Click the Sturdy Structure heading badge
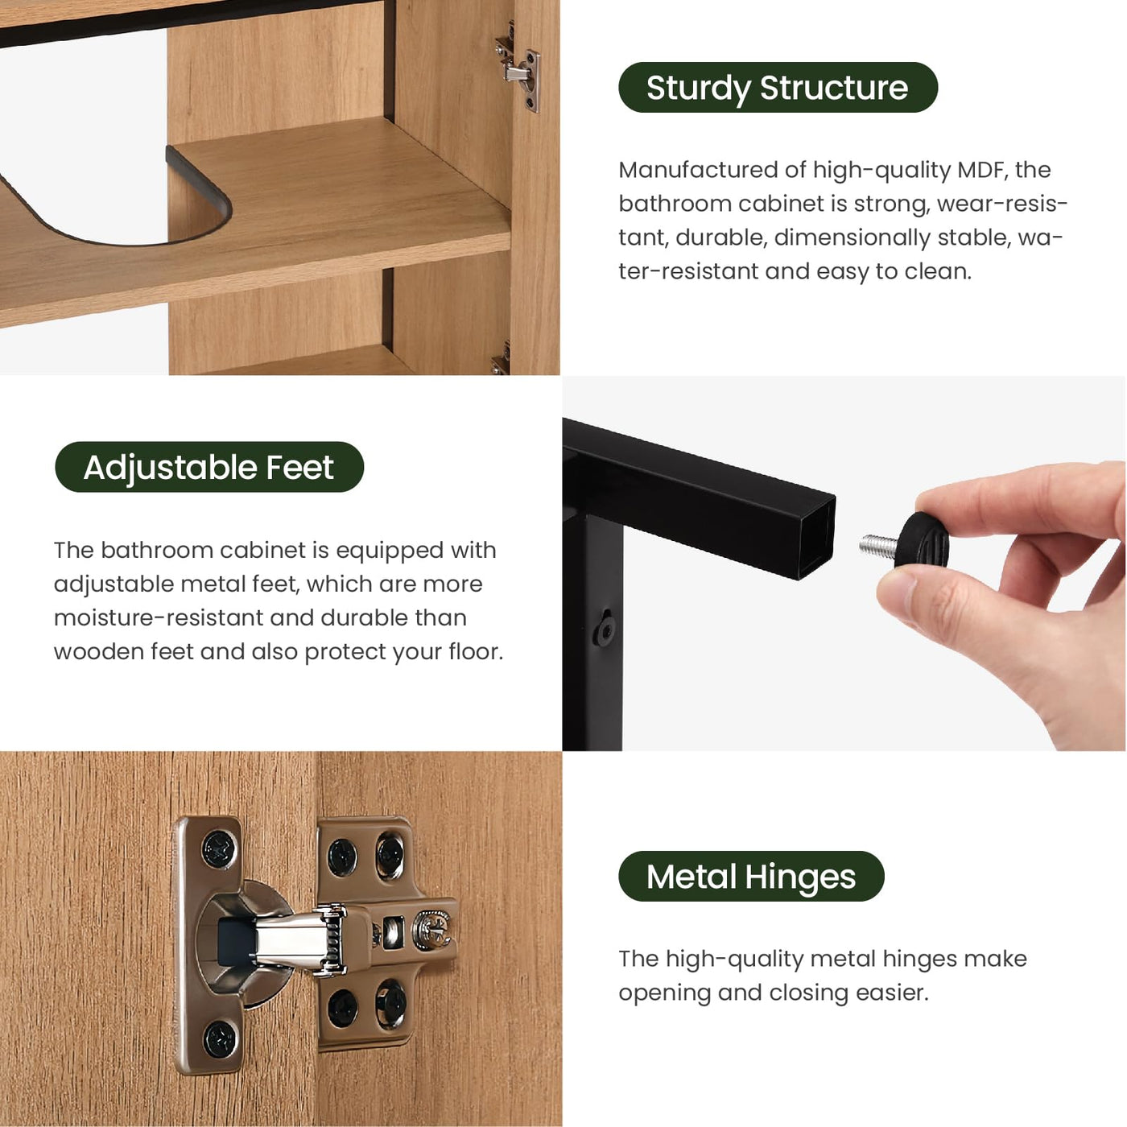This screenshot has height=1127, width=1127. point(777,88)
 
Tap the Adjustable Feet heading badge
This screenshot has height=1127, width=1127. point(208,468)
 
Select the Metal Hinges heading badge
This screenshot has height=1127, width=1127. point(750,877)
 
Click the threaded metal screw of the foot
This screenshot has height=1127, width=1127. point(877,545)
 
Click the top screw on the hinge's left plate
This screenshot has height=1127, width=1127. point(217,848)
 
